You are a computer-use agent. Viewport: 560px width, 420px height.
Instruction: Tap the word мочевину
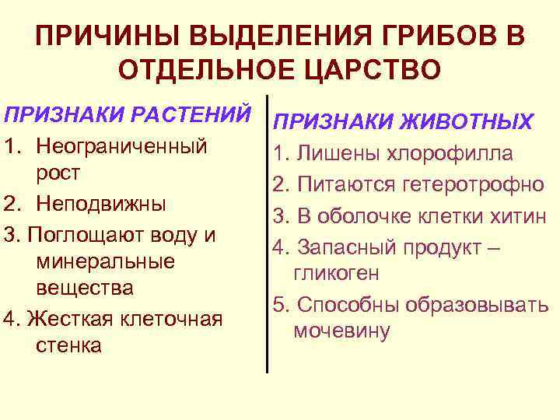click(341, 331)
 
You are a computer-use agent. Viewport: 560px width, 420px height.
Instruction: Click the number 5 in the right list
click(278, 303)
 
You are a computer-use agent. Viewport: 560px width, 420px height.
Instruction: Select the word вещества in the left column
click(85, 289)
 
